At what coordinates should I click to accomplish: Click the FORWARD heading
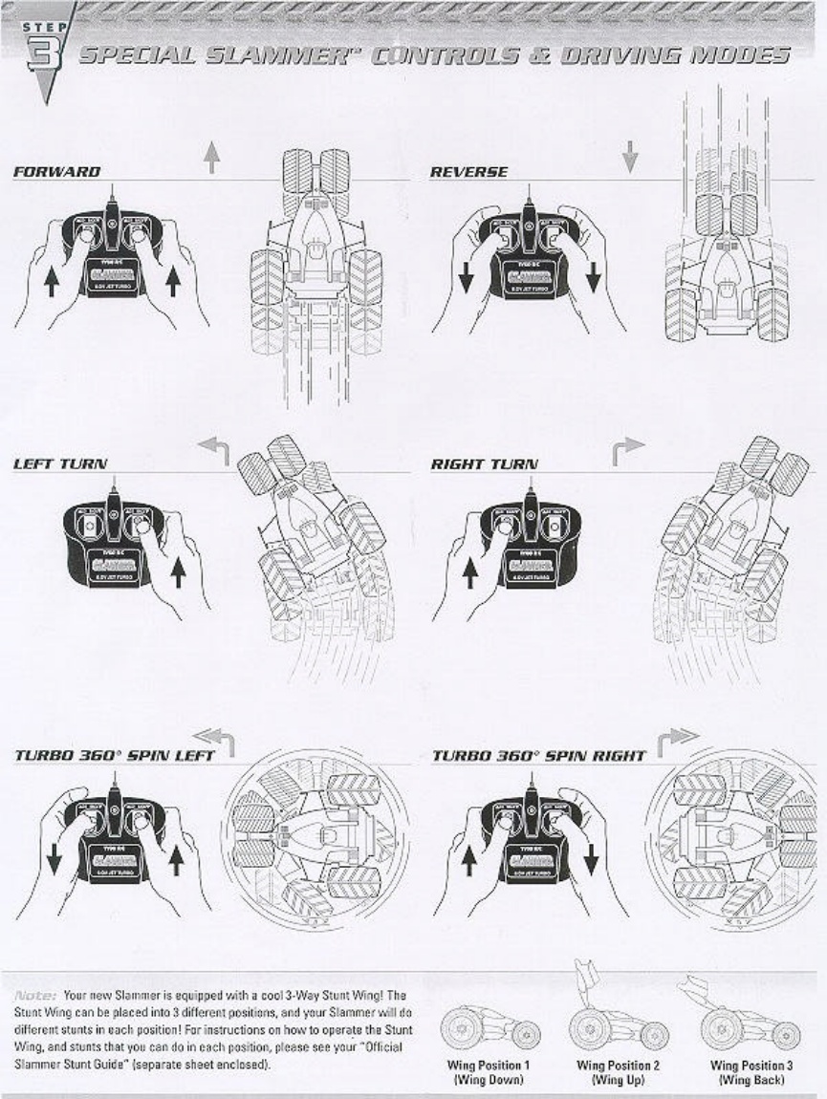(56, 172)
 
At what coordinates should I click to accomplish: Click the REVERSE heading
(468, 172)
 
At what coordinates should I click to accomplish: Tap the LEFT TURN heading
(59, 463)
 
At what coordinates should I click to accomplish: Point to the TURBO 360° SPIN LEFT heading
(114, 755)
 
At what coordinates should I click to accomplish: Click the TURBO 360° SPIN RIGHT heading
(538, 756)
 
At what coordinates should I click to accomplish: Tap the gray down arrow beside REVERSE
(629, 156)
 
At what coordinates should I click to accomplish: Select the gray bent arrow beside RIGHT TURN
(628, 448)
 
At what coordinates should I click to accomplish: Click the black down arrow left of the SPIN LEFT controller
(54, 856)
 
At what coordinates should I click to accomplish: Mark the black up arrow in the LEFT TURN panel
(178, 572)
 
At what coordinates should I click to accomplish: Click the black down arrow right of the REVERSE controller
(594, 276)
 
